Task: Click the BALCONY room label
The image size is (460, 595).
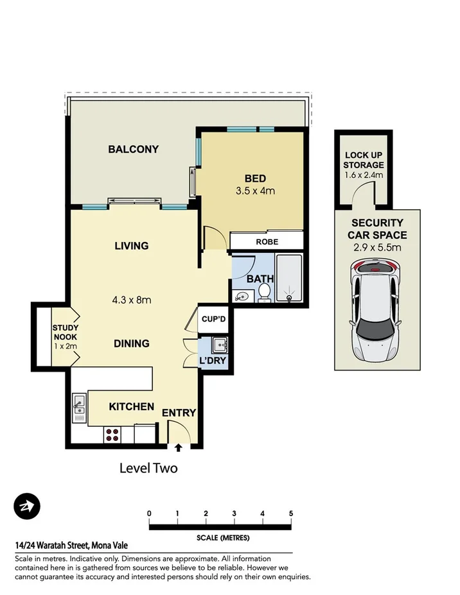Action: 133,150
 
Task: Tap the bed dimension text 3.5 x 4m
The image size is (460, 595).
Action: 255,191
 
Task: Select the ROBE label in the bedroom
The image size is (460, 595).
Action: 267,242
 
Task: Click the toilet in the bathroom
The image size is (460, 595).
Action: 264,293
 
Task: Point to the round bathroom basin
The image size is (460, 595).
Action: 241,297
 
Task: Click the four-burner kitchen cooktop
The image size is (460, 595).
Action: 112,434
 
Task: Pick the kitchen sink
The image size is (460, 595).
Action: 80,403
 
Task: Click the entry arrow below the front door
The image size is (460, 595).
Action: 178,447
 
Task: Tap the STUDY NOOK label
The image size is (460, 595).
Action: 64,337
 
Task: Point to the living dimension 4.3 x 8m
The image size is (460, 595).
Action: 132,299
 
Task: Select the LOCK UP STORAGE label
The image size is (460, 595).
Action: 364,160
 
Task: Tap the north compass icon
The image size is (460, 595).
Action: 27,507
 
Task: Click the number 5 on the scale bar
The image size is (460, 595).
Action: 291,513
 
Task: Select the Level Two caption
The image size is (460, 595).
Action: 148,469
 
